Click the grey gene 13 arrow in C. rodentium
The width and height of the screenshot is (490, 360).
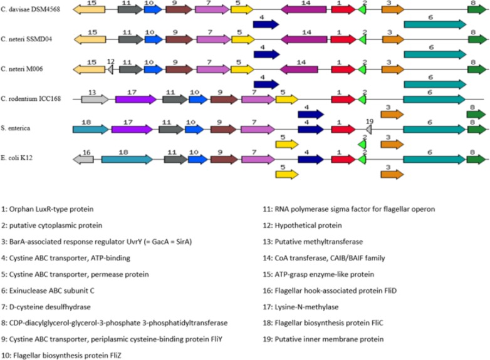point(95,99)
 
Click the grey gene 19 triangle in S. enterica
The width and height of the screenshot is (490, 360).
point(369,129)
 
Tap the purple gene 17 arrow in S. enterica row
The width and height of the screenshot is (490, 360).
point(132,129)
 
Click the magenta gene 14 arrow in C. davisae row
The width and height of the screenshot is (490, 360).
point(303,9)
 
